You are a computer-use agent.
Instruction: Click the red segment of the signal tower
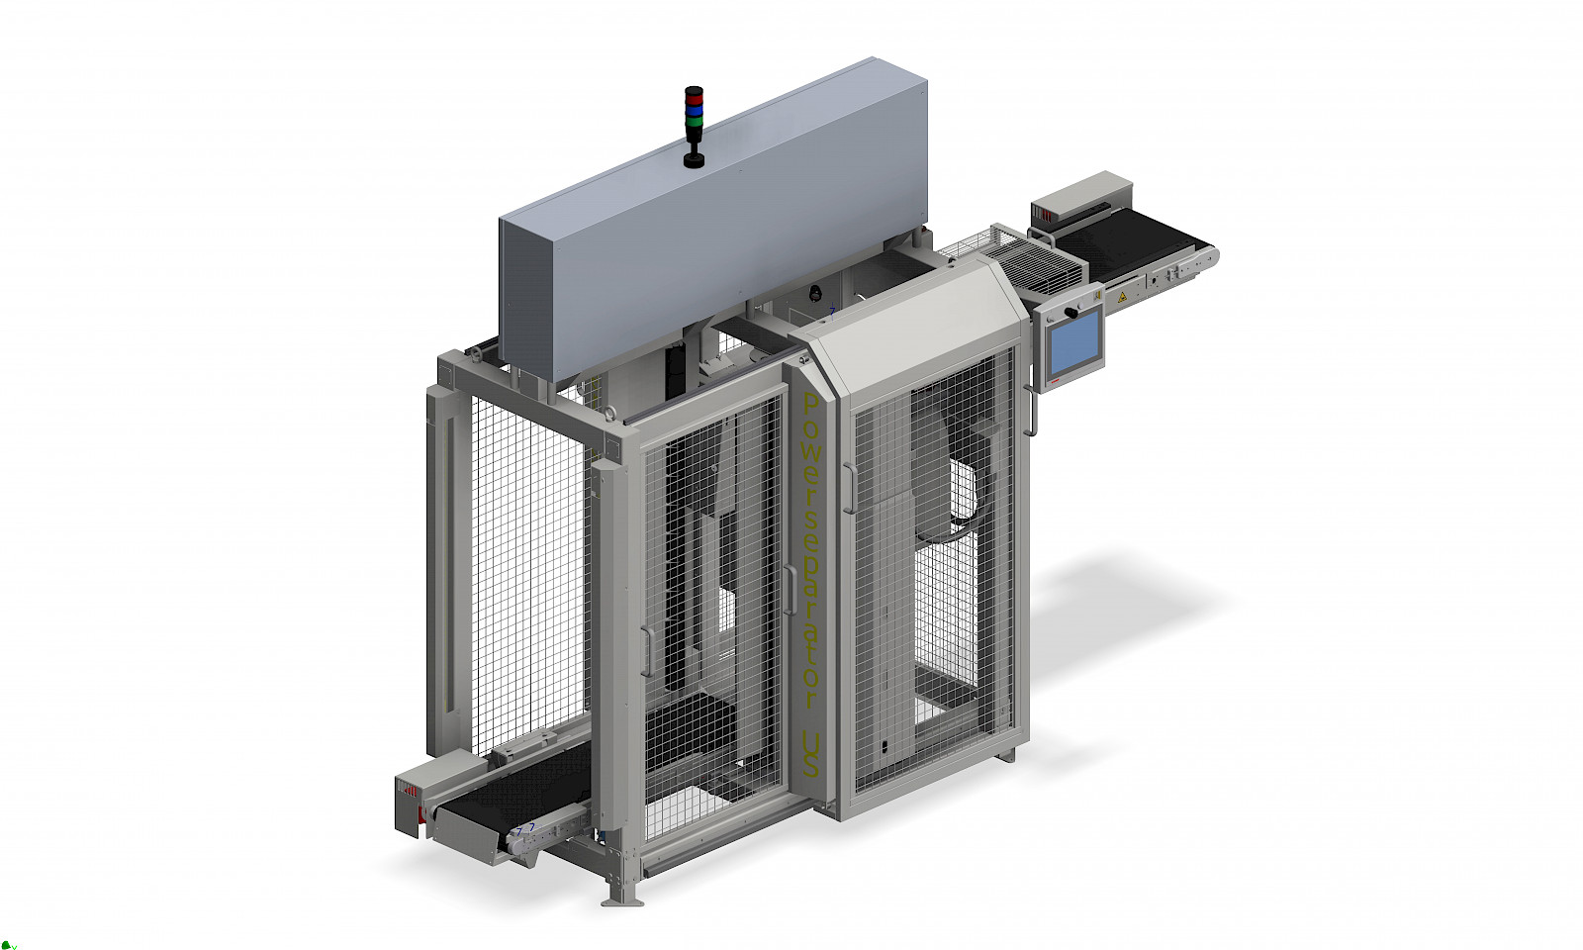point(694,99)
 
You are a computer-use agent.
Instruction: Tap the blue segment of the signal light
point(694,111)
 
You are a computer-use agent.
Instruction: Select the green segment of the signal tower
point(694,123)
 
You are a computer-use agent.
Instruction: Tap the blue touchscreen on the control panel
point(1074,344)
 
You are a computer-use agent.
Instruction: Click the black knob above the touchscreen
point(1072,312)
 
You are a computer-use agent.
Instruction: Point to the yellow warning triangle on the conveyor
point(1122,298)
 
